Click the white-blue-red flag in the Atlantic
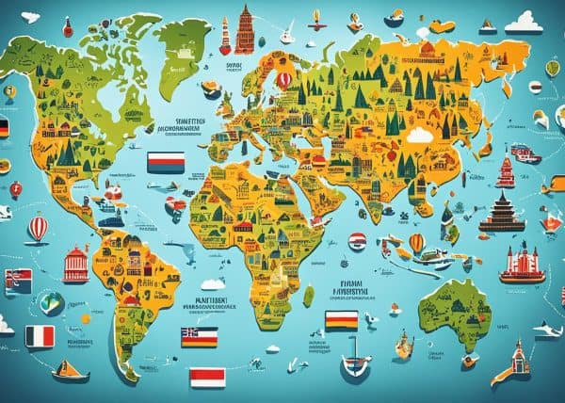[165, 163]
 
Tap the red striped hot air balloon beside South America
[38, 228]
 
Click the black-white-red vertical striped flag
[40, 336]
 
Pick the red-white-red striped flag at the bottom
[207, 378]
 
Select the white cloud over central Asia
[418, 136]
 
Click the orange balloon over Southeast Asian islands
[416, 243]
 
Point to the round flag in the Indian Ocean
[359, 242]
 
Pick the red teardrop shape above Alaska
[68, 27]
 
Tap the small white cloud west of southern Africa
[213, 283]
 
